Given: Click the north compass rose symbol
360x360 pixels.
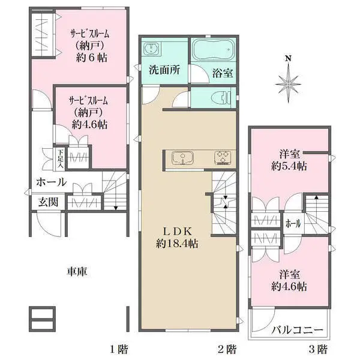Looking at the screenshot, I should pos(289,80).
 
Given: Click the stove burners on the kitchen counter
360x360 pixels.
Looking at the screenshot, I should pos(223,158).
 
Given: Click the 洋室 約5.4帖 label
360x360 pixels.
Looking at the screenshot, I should pos(290,160).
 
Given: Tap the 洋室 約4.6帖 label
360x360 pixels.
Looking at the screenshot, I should pos(290,281).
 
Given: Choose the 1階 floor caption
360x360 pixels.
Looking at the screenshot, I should pos(118,349).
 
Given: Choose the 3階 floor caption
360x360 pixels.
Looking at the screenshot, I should pos(317,349).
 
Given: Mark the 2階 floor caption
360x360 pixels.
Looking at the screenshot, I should pos(226,349).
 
